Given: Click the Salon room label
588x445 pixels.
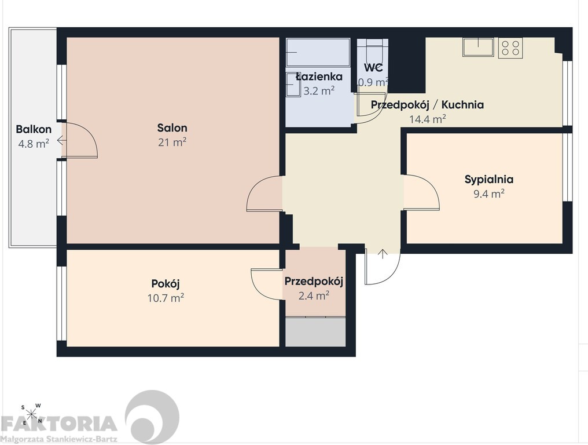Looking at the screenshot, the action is tap(172, 128).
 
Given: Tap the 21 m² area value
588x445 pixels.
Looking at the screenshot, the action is tap(172, 143).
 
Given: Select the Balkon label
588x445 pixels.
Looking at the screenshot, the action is tap(34, 130).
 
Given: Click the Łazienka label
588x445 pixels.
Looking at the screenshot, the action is tap(319, 76).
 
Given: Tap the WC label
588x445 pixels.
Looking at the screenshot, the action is tap(373, 68).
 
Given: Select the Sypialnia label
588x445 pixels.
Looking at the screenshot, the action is tap(489, 180).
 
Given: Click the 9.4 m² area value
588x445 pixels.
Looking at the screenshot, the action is tap(489, 194).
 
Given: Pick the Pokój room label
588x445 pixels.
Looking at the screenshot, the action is tap(166, 283).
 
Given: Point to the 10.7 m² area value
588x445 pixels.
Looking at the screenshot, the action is tap(166, 298).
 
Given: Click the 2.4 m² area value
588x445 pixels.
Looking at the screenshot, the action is tap(314, 296).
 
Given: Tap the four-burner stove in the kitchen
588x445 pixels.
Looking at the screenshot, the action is tap(510, 48).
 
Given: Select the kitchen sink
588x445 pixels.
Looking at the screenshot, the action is tap(478, 47).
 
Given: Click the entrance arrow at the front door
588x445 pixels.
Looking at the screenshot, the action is tap(383, 254).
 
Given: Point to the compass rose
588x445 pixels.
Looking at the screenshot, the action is tap(31, 414).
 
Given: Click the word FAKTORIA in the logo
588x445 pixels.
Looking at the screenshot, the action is tap(59, 424).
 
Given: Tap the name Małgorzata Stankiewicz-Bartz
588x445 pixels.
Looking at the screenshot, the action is tap(59, 439).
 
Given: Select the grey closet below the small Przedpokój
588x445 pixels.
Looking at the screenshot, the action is tap(315, 332).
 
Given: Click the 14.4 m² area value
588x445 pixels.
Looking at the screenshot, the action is tap(428, 119).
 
